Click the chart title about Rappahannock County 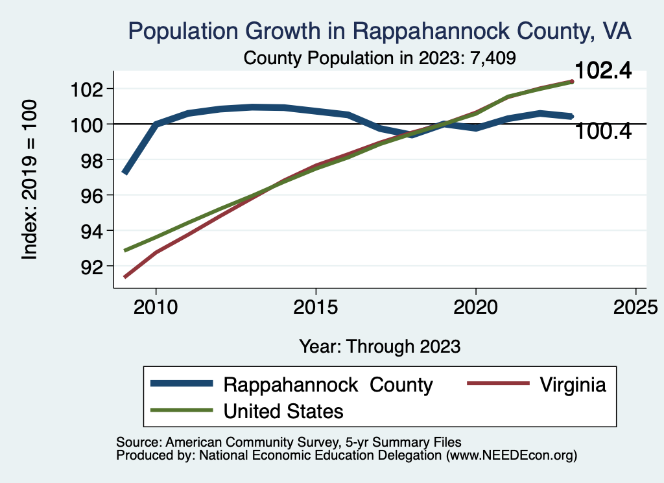(379, 30)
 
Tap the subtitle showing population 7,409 (379, 58)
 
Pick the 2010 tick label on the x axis (156, 307)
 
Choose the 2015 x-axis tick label (316, 307)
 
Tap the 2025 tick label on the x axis (635, 307)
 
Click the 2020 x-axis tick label (476, 307)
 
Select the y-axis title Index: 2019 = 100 (30, 180)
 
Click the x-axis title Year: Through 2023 (379, 346)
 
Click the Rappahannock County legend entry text (327, 384)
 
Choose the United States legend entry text (283, 410)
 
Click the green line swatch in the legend (182, 410)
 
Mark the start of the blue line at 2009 (124, 173)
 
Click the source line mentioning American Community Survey (288, 442)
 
